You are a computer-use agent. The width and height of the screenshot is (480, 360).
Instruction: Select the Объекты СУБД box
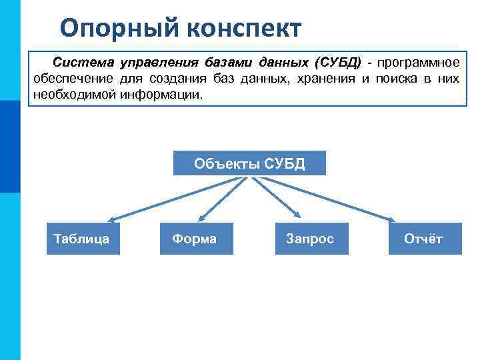point(249,163)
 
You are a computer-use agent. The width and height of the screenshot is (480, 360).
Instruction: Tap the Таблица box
point(83,239)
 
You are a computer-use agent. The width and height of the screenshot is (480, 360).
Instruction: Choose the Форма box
point(196,239)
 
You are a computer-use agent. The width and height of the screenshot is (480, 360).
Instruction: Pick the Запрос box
point(311,239)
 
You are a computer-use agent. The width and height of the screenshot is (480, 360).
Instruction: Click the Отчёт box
point(425,239)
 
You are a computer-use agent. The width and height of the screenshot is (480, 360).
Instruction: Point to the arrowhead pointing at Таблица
point(113,219)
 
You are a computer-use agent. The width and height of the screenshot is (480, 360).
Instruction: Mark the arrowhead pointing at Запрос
point(297,215)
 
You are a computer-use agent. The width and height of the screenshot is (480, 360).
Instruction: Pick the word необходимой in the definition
point(75,95)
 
